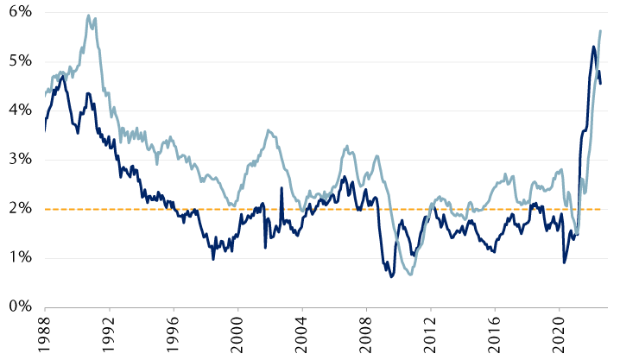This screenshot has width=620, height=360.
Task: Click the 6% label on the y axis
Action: tap(18, 12)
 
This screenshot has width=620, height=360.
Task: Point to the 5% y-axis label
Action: tap(18, 61)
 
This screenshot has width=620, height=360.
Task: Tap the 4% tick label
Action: tap(18, 111)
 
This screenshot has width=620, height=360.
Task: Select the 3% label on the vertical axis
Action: tap(18, 160)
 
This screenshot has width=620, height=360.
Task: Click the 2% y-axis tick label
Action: tap(18, 208)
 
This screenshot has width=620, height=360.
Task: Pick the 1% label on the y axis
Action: tap(18, 257)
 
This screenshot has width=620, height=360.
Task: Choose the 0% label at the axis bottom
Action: tap(18, 306)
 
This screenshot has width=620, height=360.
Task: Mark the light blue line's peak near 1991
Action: tap(88, 16)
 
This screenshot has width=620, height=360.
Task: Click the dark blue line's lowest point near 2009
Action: tap(391, 276)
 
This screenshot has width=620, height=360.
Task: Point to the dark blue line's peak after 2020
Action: tap(594, 47)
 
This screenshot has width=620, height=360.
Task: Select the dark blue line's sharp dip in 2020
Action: tap(565, 262)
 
